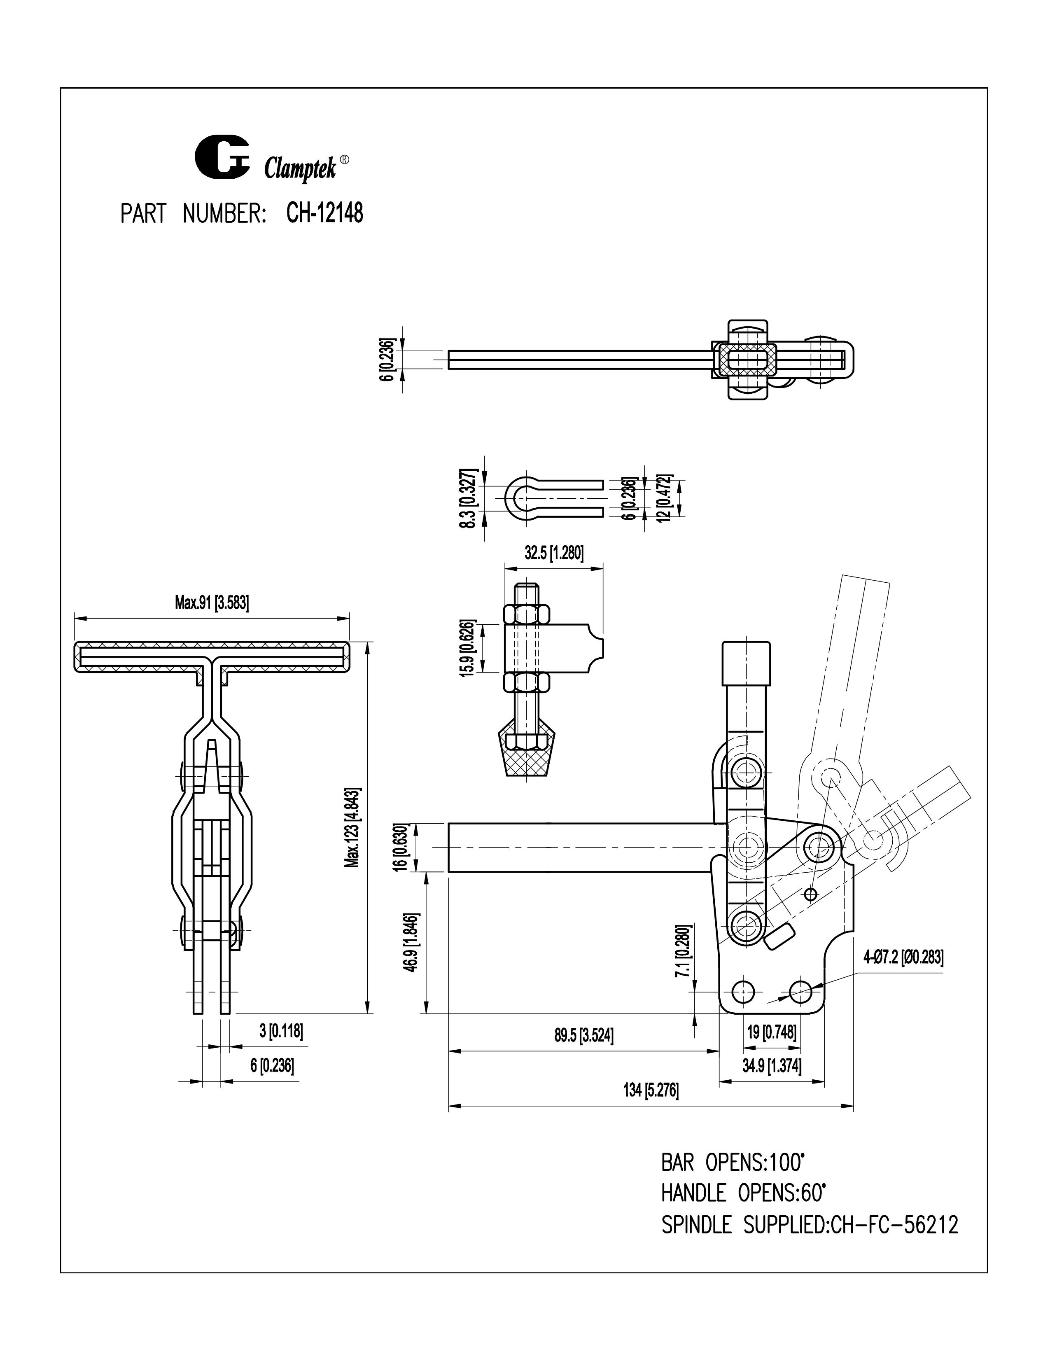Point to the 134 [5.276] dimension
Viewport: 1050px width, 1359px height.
pos(651,1090)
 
